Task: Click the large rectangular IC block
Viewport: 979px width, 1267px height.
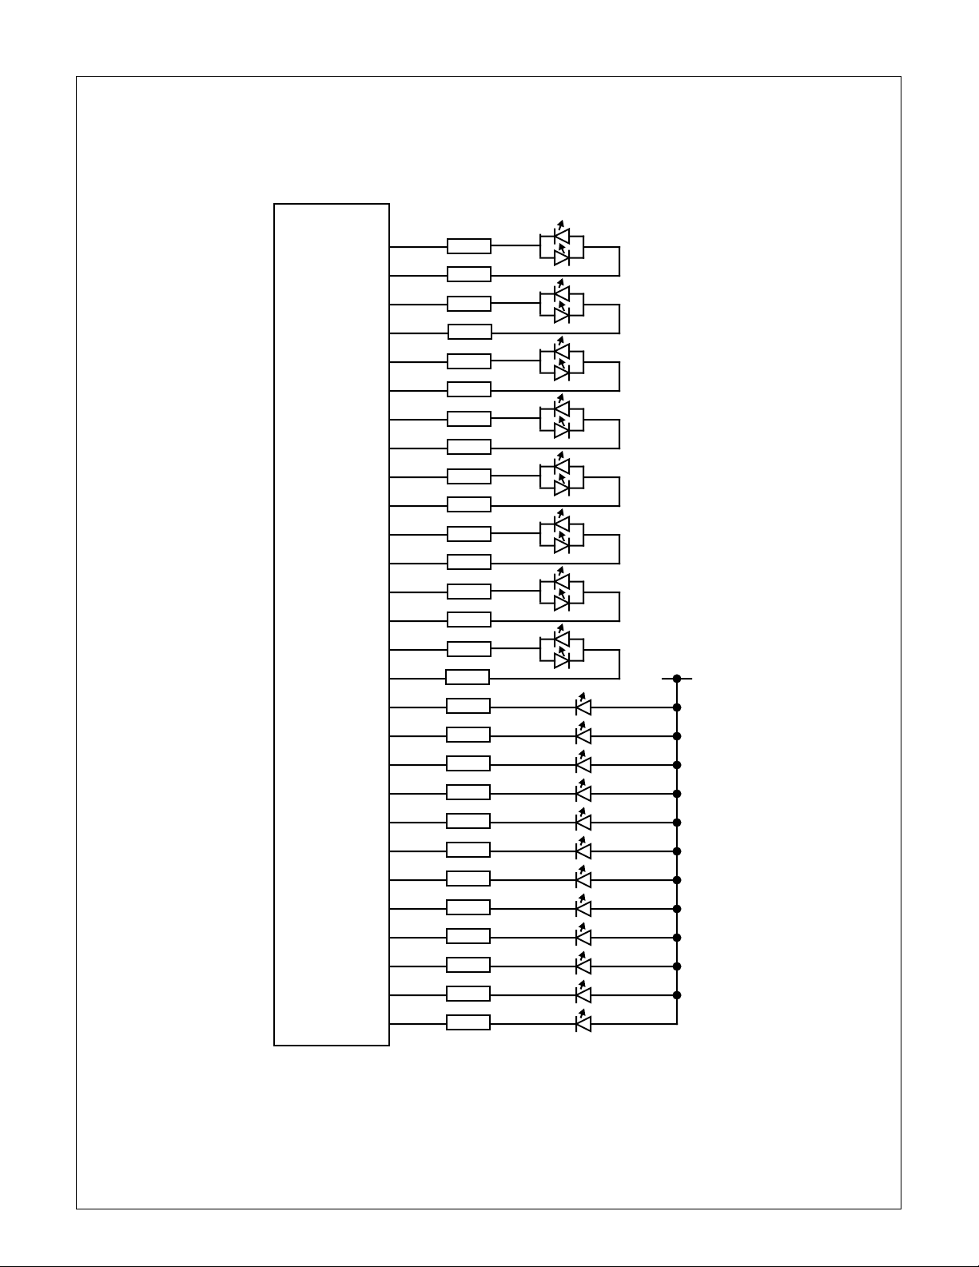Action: point(331,624)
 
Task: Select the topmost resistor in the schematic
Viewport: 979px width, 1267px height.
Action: point(469,246)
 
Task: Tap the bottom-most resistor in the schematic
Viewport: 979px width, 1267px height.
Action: point(468,1022)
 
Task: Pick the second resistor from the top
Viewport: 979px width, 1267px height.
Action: point(469,274)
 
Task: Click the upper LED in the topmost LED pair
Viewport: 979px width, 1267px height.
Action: point(561,237)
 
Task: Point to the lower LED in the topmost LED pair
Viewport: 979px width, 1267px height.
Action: point(561,257)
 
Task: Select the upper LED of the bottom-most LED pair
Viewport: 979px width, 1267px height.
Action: point(561,640)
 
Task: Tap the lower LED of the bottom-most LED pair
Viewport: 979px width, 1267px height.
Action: point(561,660)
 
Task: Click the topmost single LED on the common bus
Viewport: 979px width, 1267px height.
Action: point(583,707)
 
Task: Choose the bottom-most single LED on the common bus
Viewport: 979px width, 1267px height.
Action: point(583,1023)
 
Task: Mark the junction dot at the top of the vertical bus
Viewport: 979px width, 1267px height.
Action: point(677,679)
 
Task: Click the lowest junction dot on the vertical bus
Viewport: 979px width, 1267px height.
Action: point(677,995)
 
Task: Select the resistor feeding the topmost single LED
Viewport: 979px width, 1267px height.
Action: point(468,706)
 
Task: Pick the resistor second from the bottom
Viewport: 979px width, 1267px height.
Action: point(468,994)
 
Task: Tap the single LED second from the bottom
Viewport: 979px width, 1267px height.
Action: point(583,994)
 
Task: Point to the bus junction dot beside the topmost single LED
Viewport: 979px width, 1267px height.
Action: point(677,707)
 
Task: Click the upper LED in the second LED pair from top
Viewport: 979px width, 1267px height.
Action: point(561,295)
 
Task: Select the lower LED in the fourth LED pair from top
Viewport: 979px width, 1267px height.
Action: point(561,430)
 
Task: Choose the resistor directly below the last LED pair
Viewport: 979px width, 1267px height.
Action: point(468,677)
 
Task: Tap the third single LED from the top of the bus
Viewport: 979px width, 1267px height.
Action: point(583,765)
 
